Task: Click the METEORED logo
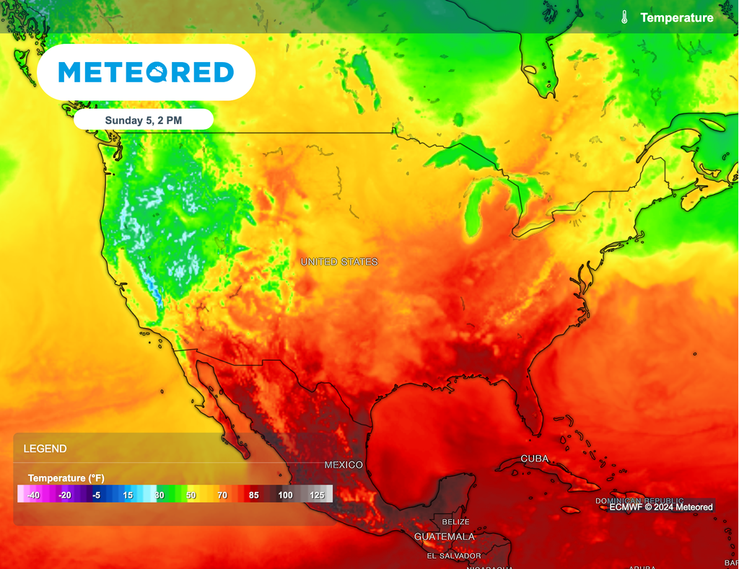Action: pos(146,72)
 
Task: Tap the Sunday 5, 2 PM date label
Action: pos(143,120)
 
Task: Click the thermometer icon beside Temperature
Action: pos(624,17)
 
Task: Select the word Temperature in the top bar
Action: pos(676,17)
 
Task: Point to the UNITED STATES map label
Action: pos(339,262)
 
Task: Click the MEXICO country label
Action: pos(344,465)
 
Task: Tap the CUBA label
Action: pos(535,459)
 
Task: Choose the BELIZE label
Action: pos(455,521)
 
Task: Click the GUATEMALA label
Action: pos(445,537)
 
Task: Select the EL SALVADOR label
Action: pos(453,555)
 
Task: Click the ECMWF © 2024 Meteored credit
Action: pos(660,507)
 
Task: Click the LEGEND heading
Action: pos(45,449)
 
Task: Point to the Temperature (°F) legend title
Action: pos(66,478)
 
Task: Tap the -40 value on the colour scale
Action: pos(33,495)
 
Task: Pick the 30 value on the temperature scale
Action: pos(159,495)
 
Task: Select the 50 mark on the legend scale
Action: pos(191,495)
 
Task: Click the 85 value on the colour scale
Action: pos(254,495)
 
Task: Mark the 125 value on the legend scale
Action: pos(316,495)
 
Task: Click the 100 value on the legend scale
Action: pos(285,495)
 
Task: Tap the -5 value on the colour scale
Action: pos(96,495)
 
